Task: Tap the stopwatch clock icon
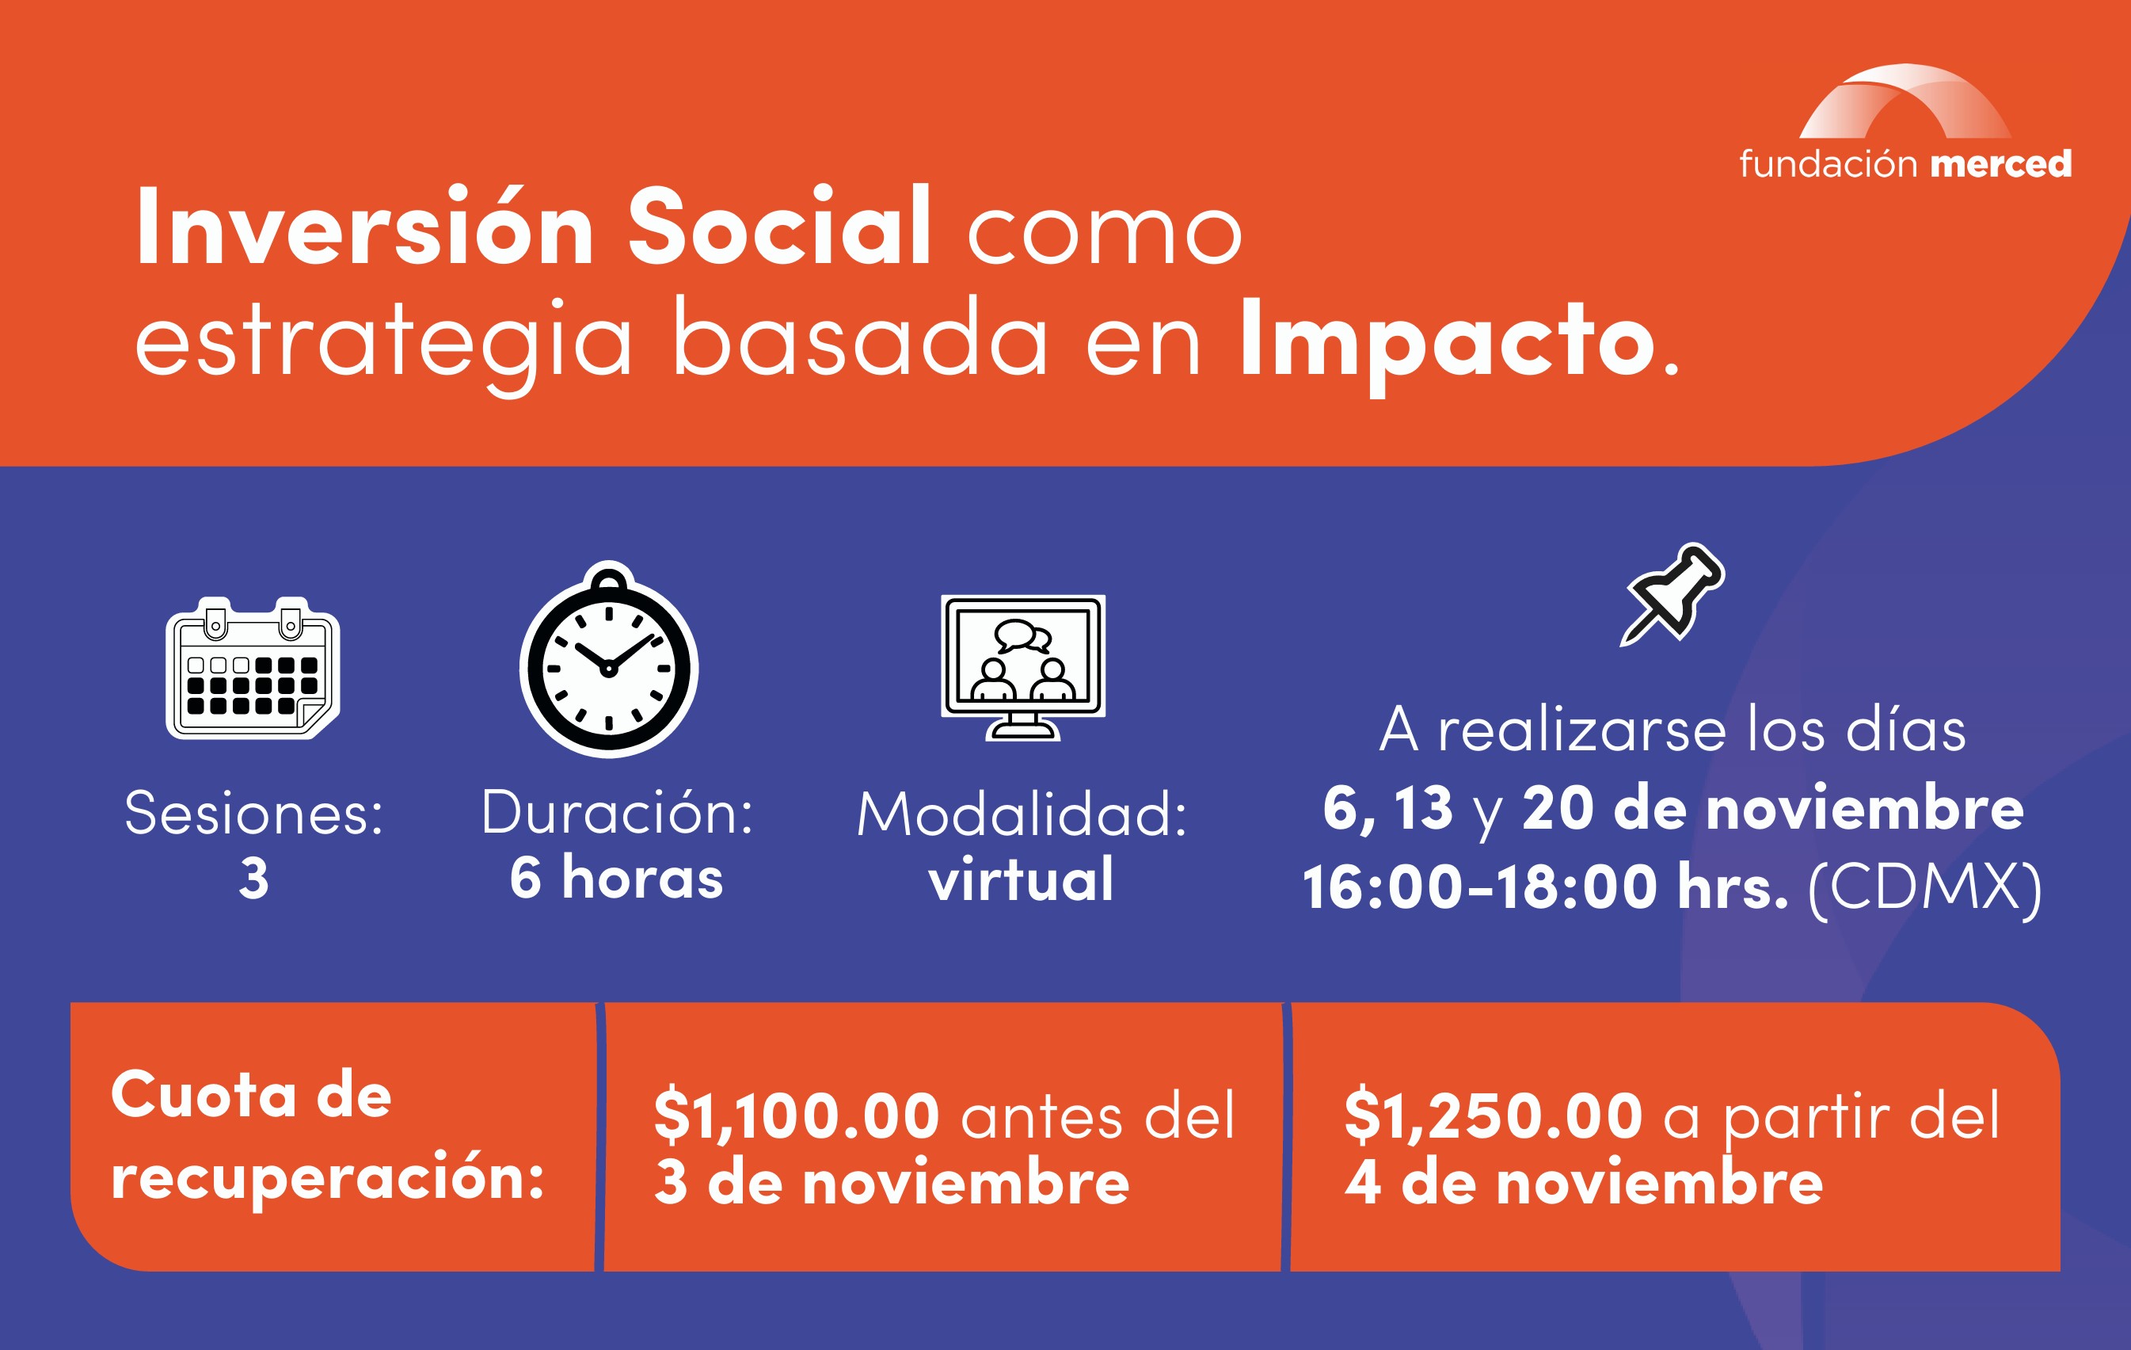pos(609,659)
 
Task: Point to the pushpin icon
pos(1672,593)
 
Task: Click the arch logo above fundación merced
pos(1905,101)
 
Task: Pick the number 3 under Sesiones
pos(254,879)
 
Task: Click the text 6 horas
pos(616,878)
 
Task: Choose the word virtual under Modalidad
pos(1022,879)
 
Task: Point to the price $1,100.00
pos(797,1115)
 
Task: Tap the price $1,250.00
pos(1494,1115)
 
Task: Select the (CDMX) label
pos(1926,888)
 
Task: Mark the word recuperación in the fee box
pos(327,1179)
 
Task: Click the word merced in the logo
pos(2001,164)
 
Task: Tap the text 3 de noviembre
pos(892,1184)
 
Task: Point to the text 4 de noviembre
pos(1584,1184)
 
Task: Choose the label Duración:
pos(617,812)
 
